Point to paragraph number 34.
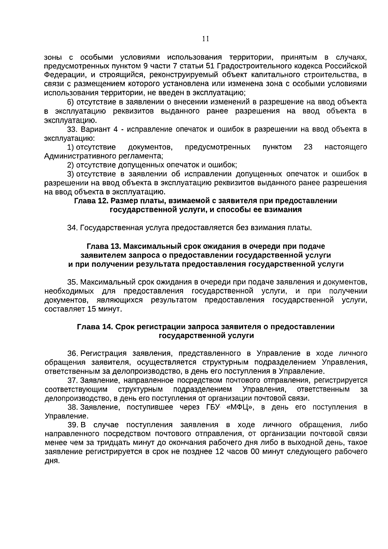pyautogui.click(x=72, y=228)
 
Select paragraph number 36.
pyautogui.click(x=72, y=353)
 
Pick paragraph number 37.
pyautogui.click(x=72, y=380)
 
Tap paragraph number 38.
pyautogui.click(x=72, y=407)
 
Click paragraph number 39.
pyautogui.click(x=72, y=425)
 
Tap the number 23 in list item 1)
pyautogui.click(x=308, y=147)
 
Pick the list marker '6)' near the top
pyautogui.click(x=70, y=102)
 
